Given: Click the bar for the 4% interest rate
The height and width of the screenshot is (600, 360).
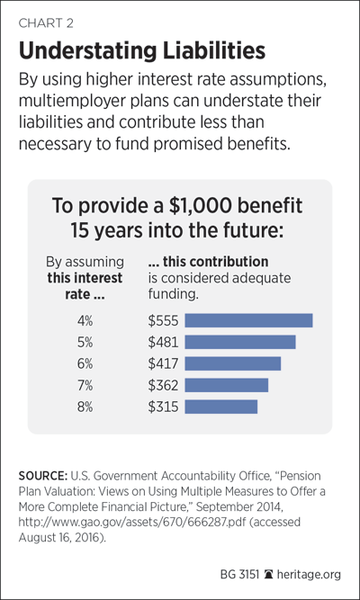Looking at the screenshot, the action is pyautogui.click(x=248, y=320).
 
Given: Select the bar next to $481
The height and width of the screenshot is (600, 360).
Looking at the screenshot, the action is pyautogui.click(x=240, y=342).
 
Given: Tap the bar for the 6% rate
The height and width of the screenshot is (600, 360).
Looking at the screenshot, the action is pyautogui.click(x=233, y=363).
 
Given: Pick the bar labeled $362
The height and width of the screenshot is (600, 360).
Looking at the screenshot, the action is pyautogui.click(x=226, y=385).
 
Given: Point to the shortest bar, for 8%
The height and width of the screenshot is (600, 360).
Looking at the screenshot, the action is pyautogui.click(x=221, y=407).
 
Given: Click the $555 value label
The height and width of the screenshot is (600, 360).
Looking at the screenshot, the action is pyautogui.click(x=163, y=320).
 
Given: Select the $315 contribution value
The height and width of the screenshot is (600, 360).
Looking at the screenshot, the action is pyautogui.click(x=163, y=407).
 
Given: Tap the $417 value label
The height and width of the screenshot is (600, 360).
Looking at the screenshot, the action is pyautogui.click(x=163, y=363).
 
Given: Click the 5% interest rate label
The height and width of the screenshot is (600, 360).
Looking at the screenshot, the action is pyautogui.click(x=85, y=342).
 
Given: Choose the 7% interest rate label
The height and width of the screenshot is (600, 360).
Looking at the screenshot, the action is pyautogui.click(x=85, y=385).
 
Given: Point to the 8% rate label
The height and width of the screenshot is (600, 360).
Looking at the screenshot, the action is pyautogui.click(x=85, y=407).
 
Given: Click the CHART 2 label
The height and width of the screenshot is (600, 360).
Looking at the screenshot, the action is pyautogui.click(x=46, y=23).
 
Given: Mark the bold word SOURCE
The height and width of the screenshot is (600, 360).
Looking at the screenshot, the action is pyautogui.click(x=43, y=476).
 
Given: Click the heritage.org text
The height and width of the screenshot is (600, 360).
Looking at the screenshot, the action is pyautogui.click(x=309, y=574).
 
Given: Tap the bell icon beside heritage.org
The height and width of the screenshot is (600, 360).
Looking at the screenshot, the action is pyautogui.click(x=269, y=574).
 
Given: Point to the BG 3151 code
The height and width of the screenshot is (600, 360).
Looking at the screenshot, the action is pyautogui.click(x=239, y=574).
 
